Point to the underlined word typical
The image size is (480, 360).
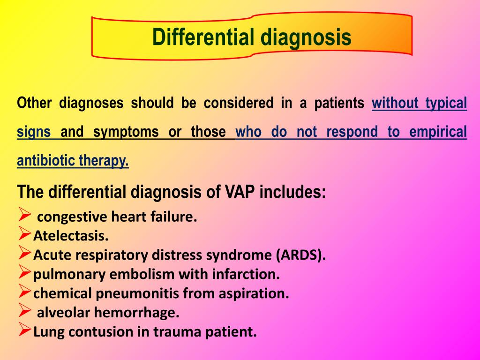(446, 103)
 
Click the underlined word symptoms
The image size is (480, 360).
(126, 132)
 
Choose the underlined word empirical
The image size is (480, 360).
(438, 132)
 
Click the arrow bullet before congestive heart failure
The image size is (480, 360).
(24, 216)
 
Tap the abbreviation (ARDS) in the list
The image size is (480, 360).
(300, 255)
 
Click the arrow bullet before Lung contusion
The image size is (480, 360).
(24, 331)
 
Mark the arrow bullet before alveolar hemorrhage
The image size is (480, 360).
(24, 311)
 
